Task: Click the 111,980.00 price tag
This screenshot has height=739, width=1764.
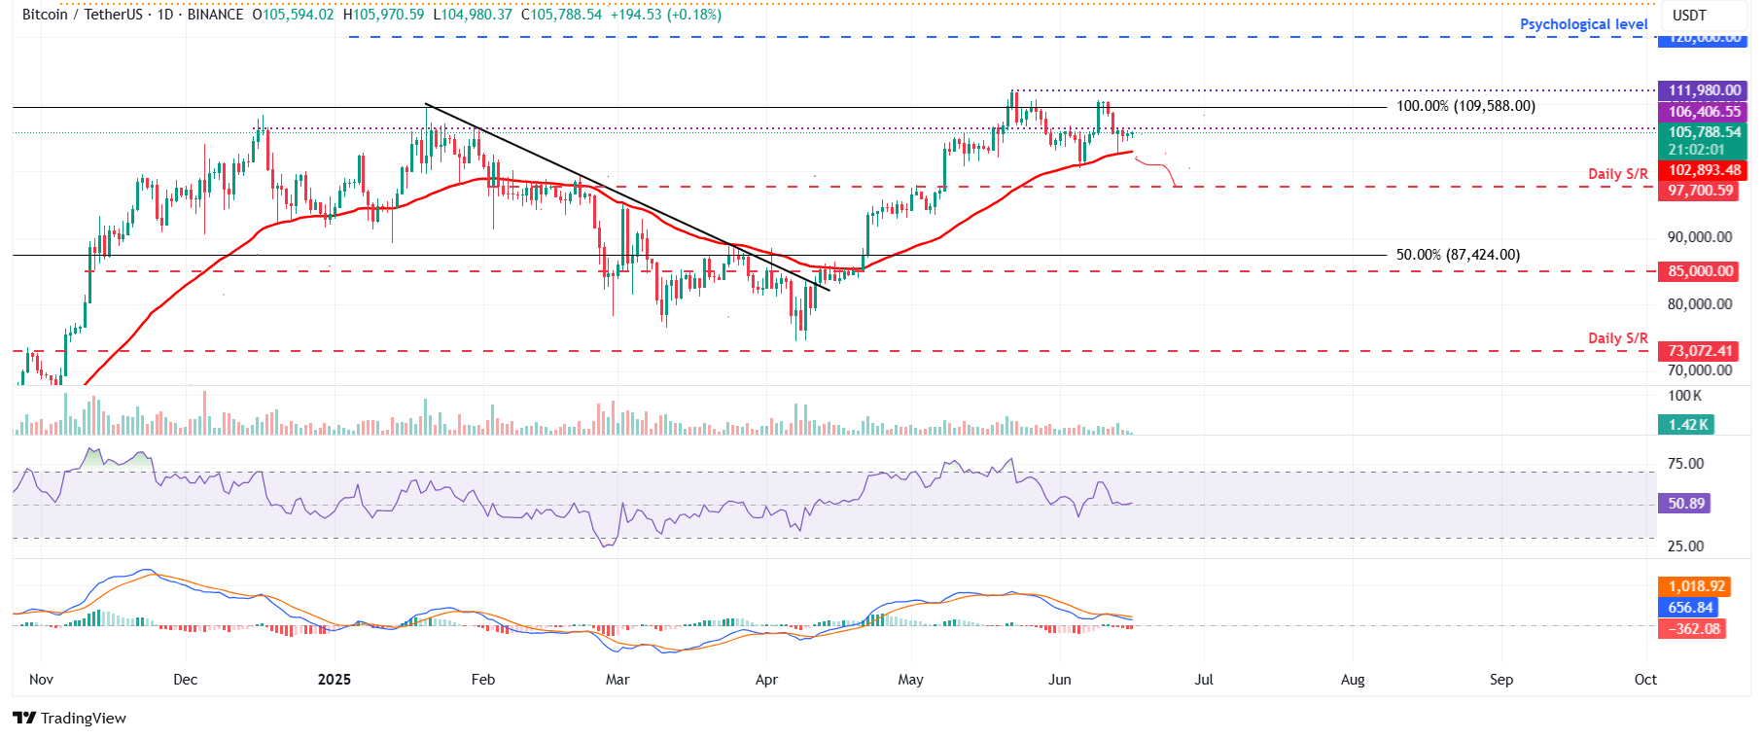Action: (1704, 90)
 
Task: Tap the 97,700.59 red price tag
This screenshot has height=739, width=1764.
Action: (1700, 191)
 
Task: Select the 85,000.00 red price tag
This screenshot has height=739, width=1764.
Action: (1700, 271)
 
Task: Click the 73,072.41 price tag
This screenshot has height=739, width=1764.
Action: (1700, 351)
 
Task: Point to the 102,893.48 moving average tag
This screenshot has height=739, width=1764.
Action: (1704, 170)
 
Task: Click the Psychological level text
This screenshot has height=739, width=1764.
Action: (1583, 24)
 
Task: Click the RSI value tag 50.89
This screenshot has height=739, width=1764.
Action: (1685, 504)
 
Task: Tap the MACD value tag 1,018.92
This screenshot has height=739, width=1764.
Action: (1696, 586)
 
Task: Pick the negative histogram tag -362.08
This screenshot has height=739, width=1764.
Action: (1693, 629)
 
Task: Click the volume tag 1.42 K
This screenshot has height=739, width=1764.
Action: (1687, 425)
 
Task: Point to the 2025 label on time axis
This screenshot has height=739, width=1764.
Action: (334, 680)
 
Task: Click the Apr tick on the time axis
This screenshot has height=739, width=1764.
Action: (766, 680)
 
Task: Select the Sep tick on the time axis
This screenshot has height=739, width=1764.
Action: (1500, 680)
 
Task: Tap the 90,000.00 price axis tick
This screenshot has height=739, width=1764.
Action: (1699, 237)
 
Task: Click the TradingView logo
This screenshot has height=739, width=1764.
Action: (69, 718)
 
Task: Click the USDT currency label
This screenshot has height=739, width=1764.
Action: (1689, 16)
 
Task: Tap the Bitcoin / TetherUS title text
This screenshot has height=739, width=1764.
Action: (82, 15)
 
